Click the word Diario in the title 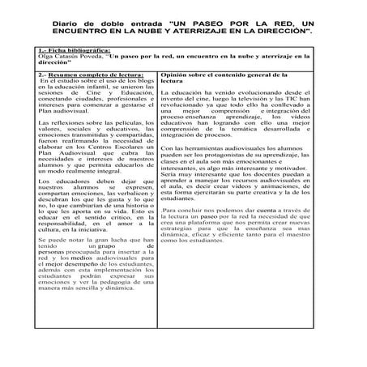[66, 24]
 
